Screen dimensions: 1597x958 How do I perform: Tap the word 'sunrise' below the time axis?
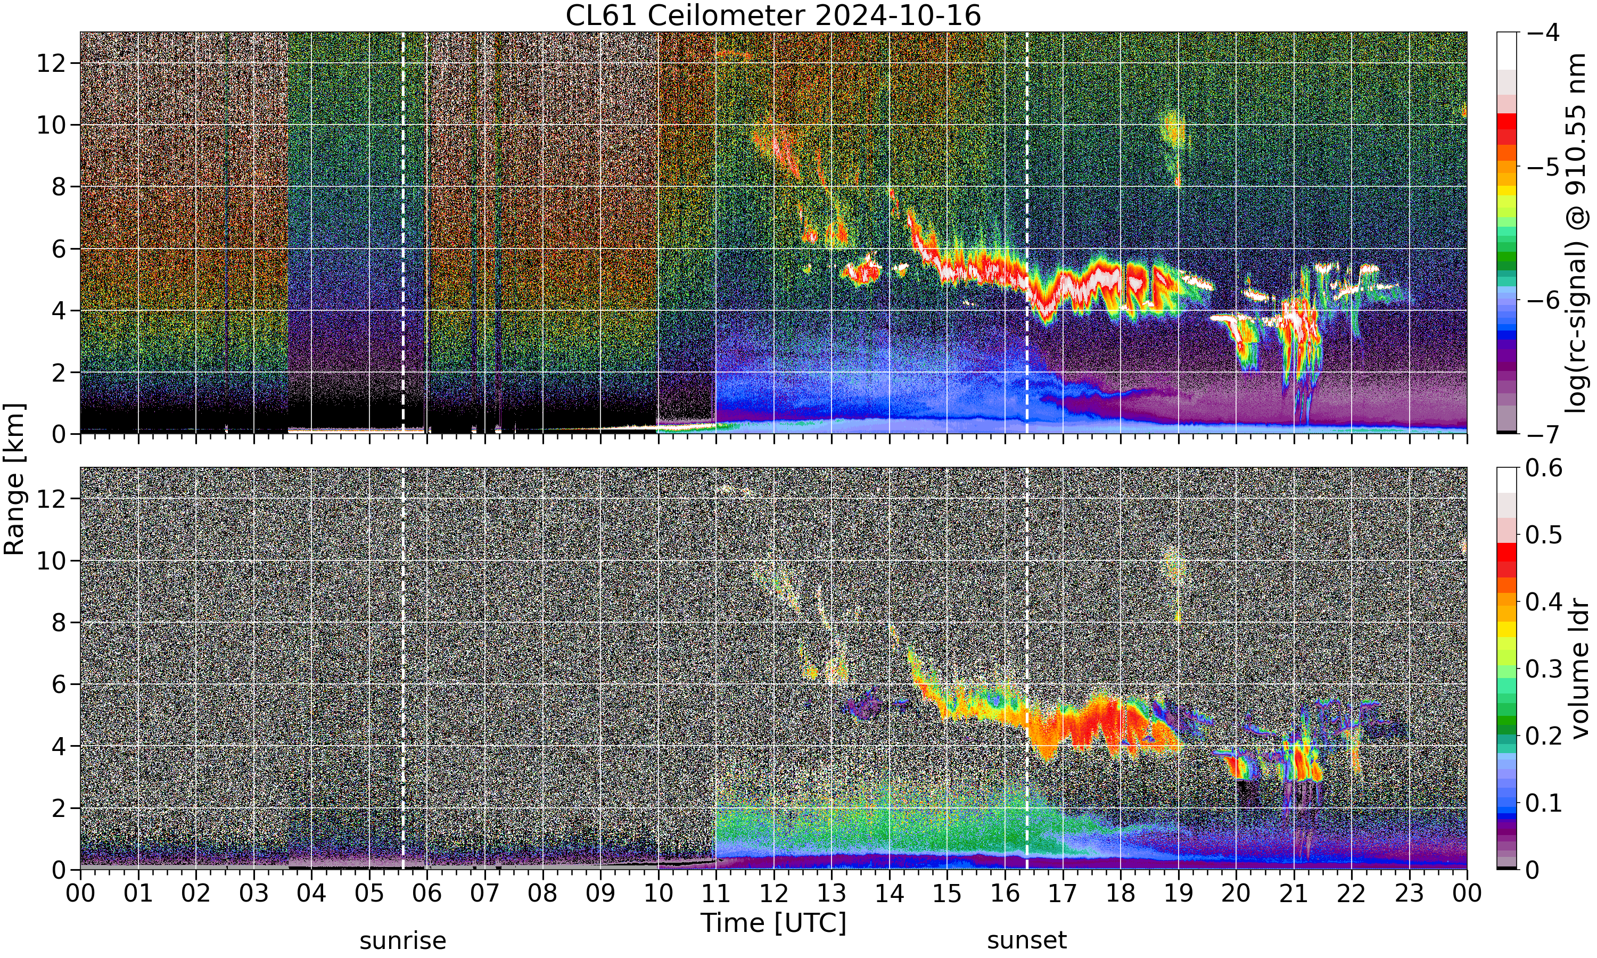tap(403, 940)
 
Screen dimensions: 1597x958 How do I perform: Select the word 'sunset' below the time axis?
tap(1027, 940)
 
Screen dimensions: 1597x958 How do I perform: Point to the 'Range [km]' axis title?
tap(14, 479)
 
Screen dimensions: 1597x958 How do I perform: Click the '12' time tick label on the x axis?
tap(773, 894)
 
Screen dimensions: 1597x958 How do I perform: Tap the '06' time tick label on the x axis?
tap(427, 894)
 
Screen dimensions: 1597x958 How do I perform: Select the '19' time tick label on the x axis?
tap(1178, 894)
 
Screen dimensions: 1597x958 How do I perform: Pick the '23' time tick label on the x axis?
tap(1409, 894)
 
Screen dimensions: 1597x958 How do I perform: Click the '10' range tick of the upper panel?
tap(51, 125)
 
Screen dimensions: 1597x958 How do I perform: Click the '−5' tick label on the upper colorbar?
tap(1544, 167)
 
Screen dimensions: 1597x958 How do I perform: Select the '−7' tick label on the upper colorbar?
tap(1544, 434)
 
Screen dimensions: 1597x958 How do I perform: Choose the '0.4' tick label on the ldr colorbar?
tap(1544, 601)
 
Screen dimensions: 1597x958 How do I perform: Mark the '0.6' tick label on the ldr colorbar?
tap(1544, 468)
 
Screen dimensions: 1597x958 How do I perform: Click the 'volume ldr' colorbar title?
tap(1579, 670)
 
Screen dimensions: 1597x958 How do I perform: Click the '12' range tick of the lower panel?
tap(51, 498)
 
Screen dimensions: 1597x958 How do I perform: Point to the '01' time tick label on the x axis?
tap(138, 894)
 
